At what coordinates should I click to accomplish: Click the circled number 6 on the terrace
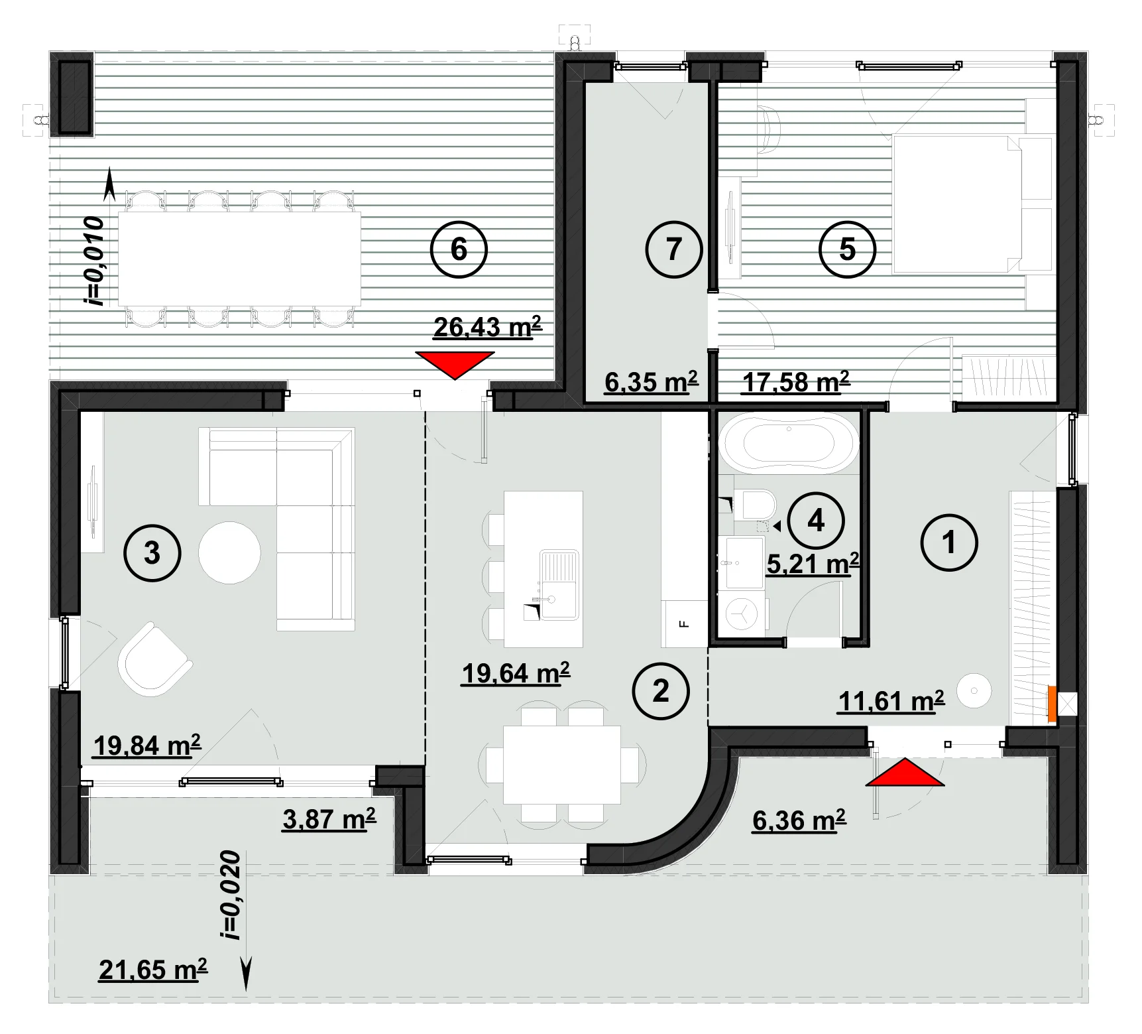[x=459, y=249]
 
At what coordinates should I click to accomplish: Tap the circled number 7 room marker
[x=674, y=249]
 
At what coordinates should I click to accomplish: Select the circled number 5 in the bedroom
[x=847, y=249]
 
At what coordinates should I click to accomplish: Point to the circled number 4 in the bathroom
[x=816, y=521]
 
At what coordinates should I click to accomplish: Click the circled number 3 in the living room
[x=152, y=552]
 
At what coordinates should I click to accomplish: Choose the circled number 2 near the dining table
[x=661, y=691]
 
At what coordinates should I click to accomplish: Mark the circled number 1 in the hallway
[x=949, y=543]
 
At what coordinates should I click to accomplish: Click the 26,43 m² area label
[x=488, y=327]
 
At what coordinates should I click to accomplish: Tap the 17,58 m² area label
[x=796, y=382]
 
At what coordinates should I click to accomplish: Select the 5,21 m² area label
[x=813, y=564]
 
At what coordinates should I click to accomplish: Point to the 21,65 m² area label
[x=153, y=970]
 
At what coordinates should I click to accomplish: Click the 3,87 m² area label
[x=329, y=819]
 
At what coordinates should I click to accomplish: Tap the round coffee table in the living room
[x=229, y=552]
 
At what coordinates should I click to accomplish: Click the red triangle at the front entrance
[x=905, y=773]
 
